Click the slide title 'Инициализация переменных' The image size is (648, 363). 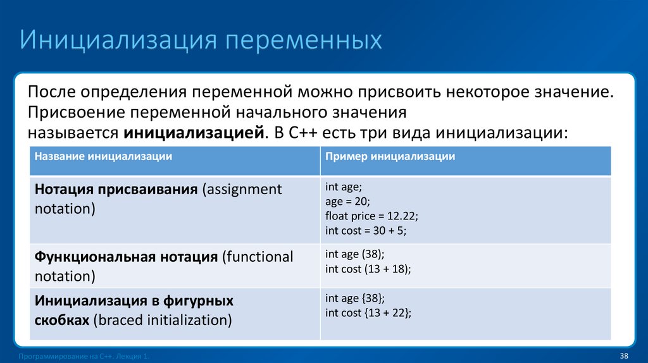(x=201, y=39)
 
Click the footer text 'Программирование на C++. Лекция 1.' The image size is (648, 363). (x=85, y=357)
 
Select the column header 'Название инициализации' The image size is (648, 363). (x=103, y=156)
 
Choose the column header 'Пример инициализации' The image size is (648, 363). (x=390, y=156)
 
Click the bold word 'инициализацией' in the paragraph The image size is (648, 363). (x=193, y=133)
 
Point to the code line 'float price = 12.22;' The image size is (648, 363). (x=371, y=216)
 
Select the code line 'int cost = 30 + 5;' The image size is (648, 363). (x=365, y=231)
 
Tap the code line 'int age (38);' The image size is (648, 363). (x=354, y=254)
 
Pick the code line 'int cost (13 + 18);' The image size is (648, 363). (x=368, y=269)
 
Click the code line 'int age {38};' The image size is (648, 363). (x=354, y=298)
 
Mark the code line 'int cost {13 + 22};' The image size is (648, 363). (x=368, y=312)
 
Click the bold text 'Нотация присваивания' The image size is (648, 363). (x=116, y=190)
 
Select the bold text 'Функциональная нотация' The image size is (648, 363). (x=126, y=257)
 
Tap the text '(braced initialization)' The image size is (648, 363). (x=162, y=320)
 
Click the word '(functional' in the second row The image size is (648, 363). (x=257, y=257)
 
